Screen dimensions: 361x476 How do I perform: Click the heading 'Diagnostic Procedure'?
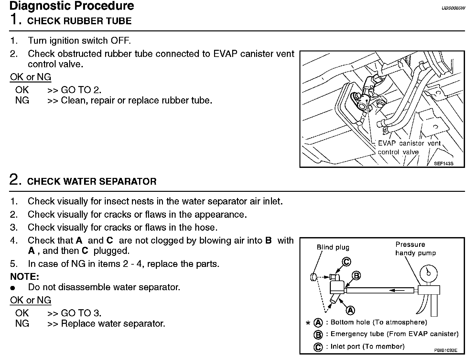point(72,6)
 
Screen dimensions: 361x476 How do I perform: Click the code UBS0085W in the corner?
point(453,8)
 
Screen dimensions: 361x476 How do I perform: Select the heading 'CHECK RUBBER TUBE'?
point(79,21)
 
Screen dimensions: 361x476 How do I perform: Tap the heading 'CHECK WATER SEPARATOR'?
point(92,181)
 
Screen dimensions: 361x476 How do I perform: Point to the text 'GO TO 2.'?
point(81,90)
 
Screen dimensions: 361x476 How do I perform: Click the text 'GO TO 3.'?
point(81,313)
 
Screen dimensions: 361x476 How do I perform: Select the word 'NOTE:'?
point(25,277)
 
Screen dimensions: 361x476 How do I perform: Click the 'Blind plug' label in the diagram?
point(333,247)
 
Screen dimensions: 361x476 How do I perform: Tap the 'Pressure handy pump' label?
point(415,249)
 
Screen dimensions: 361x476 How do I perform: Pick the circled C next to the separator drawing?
point(346,262)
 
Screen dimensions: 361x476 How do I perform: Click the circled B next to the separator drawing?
point(356,276)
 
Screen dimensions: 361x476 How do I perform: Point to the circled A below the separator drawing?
point(350,311)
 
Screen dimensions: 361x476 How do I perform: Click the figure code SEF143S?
point(444,164)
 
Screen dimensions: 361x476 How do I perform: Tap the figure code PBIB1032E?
point(446,350)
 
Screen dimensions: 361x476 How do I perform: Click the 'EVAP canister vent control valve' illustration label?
point(409,148)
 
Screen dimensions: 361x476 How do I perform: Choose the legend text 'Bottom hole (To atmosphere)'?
point(379,322)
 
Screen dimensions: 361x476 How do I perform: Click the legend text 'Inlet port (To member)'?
point(367,347)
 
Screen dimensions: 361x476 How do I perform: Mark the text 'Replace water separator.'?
point(113,323)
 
